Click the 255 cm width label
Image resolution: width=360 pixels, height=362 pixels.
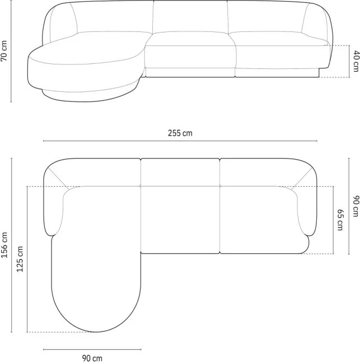pos(180,133)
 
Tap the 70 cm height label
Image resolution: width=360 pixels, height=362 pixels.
pos(4,51)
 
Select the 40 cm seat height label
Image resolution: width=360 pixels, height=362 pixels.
pos(356,61)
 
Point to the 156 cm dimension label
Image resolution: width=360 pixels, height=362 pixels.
pos(4,245)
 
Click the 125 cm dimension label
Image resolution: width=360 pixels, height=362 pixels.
pos(20,259)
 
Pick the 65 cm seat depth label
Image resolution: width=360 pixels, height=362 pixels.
pos(340,220)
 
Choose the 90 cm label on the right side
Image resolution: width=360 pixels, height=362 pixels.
pos(356,206)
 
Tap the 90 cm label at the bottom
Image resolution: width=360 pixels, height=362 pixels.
pos(92,358)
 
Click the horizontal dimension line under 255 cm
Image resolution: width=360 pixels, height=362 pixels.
pos(180,141)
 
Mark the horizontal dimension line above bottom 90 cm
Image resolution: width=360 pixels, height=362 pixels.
pos(92,350)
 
